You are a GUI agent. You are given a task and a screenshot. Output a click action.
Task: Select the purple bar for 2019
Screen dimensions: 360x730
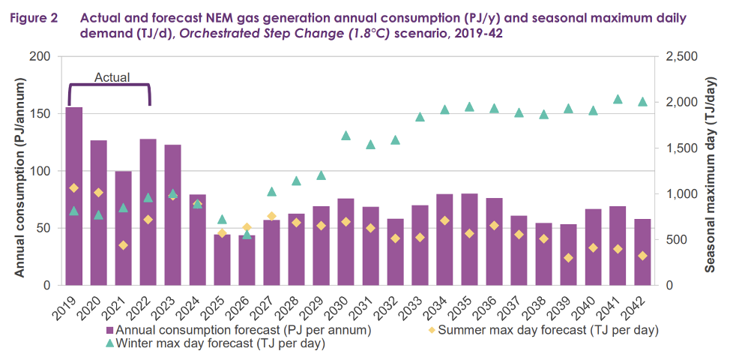(x=74, y=196)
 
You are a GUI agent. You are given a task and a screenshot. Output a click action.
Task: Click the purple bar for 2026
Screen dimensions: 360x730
(x=247, y=260)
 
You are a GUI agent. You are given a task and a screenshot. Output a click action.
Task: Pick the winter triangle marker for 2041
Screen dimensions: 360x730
(x=618, y=99)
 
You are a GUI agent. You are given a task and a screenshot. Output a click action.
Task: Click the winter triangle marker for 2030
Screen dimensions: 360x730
(x=346, y=136)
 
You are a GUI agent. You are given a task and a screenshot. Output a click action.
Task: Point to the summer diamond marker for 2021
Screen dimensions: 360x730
(x=124, y=245)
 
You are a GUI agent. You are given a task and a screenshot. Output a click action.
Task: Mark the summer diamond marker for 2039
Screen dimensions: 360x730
(x=569, y=258)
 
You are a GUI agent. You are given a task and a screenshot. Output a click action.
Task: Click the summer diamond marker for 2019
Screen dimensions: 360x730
(x=74, y=188)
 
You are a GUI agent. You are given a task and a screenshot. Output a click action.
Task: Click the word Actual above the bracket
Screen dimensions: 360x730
(x=112, y=77)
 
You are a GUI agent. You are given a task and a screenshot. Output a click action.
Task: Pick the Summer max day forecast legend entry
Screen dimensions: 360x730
(x=544, y=329)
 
